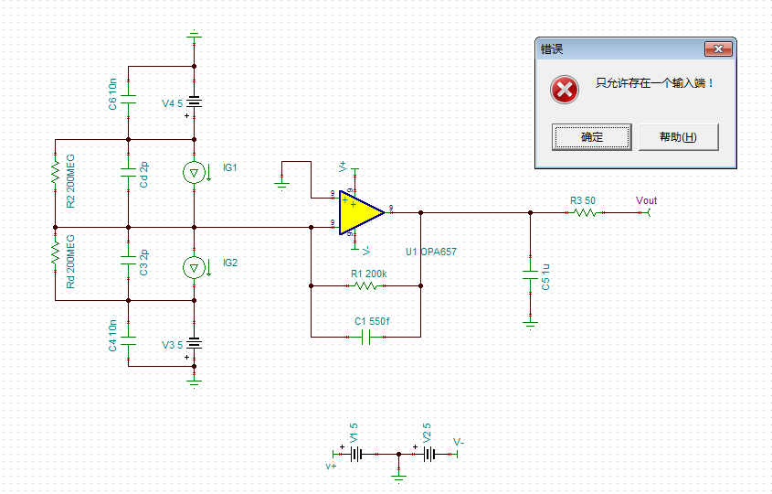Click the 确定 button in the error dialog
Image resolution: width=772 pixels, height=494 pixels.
click(591, 137)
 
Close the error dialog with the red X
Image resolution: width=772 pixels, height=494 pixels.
click(721, 48)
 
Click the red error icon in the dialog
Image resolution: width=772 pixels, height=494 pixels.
click(565, 90)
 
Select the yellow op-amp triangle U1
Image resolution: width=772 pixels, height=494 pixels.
click(359, 212)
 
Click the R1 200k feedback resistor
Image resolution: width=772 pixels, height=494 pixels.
click(365, 285)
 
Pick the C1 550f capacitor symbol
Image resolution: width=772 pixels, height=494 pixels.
click(365, 337)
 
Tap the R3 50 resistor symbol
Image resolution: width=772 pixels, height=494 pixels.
click(584, 212)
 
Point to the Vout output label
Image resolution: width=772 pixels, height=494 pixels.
click(646, 201)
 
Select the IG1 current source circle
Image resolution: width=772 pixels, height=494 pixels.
click(194, 172)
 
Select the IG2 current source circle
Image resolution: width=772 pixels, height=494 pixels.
click(194, 266)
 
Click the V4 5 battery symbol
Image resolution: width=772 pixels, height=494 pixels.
click(194, 102)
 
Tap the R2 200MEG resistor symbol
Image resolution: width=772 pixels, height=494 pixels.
click(55, 171)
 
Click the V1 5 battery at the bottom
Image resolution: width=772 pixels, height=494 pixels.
click(358, 454)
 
